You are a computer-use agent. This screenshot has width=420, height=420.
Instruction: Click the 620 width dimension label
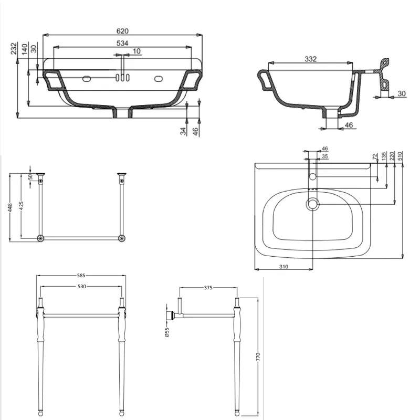coord(122,31)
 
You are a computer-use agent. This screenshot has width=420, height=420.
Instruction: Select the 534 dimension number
coord(122,43)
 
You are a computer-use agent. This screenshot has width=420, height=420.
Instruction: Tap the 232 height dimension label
coord(14,48)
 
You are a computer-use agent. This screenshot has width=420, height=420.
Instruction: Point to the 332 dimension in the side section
coord(311,59)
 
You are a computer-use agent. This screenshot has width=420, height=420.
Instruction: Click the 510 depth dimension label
coord(400,156)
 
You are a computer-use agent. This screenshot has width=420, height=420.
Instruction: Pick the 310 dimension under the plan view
coord(283,267)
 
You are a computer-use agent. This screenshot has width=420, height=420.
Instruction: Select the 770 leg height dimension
coord(258,356)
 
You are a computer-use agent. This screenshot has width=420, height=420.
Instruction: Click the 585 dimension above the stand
coord(81,275)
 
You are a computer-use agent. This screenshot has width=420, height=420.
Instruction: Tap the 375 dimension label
coord(208,288)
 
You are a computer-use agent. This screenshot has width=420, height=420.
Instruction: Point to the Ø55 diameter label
coord(167,332)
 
